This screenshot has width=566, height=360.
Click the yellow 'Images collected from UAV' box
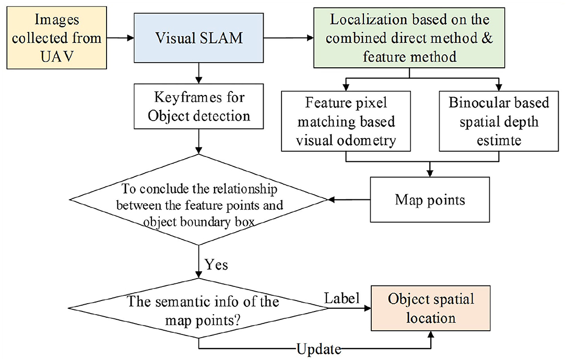(57, 38)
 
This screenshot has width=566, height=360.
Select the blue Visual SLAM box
(198, 38)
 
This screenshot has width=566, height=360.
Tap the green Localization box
(409, 38)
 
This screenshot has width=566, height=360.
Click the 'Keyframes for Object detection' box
(198, 106)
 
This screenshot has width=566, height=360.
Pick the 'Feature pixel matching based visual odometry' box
(346, 121)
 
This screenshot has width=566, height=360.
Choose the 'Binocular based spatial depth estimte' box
(499, 121)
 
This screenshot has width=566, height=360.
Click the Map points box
(430, 199)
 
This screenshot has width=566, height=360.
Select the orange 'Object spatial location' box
(431, 308)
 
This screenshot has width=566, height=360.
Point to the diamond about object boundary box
(198, 199)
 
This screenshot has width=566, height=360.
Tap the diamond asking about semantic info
(198, 308)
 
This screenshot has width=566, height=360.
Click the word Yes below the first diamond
(216, 265)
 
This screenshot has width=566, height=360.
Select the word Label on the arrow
(342, 298)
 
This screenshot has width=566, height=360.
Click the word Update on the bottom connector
(319, 349)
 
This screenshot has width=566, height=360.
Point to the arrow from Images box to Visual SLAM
(120, 38)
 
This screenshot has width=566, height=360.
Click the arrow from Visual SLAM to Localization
(288, 38)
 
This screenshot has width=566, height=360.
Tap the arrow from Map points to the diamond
(349, 199)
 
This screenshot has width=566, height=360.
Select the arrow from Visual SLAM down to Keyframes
(198, 73)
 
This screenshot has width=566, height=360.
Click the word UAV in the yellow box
(57, 56)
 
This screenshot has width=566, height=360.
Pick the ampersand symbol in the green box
(487, 38)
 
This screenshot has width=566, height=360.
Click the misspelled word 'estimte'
(499, 140)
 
